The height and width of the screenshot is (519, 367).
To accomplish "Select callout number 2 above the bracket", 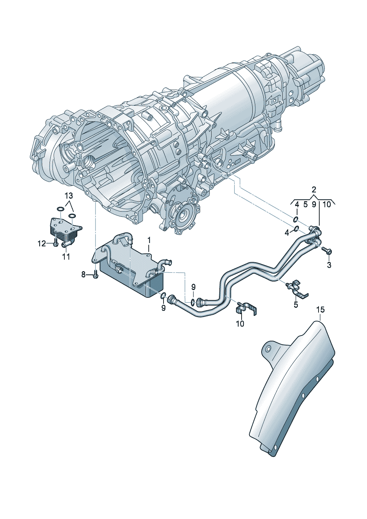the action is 314,190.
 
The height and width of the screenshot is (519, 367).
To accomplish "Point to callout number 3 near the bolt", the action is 329,265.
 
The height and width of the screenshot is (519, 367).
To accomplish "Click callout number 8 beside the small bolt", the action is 83,275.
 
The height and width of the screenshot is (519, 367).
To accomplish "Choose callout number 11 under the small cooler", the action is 66,257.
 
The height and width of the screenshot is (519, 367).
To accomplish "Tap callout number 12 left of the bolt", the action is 42,244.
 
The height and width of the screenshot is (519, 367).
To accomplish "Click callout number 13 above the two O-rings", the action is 68,196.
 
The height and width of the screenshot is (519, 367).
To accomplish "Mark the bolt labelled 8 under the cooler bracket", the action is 95,275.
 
